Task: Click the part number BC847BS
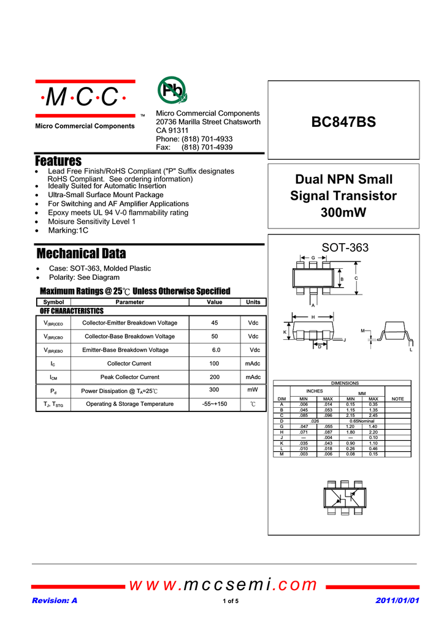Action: [343, 122]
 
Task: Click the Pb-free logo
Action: [172, 91]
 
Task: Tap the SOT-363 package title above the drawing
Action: [345, 247]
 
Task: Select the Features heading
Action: [58, 161]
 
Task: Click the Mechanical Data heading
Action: [81, 253]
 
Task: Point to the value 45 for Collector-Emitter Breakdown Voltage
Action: [214, 323]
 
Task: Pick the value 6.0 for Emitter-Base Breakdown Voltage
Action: [216, 350]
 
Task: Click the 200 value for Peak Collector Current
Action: [214, 377]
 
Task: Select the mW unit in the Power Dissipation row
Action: [252, 389]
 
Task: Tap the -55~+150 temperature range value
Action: [214, 404]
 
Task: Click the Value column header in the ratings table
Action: [214, 302]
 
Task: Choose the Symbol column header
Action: [54, 302]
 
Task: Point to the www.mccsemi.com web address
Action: [223, 585]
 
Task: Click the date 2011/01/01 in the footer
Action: [397, 601]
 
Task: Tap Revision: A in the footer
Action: [55, 601]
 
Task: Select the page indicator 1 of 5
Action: [231, 601]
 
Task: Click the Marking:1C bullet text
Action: [68, 230]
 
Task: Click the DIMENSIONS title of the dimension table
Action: [345, 383]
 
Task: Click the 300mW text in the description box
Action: [343, 213]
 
